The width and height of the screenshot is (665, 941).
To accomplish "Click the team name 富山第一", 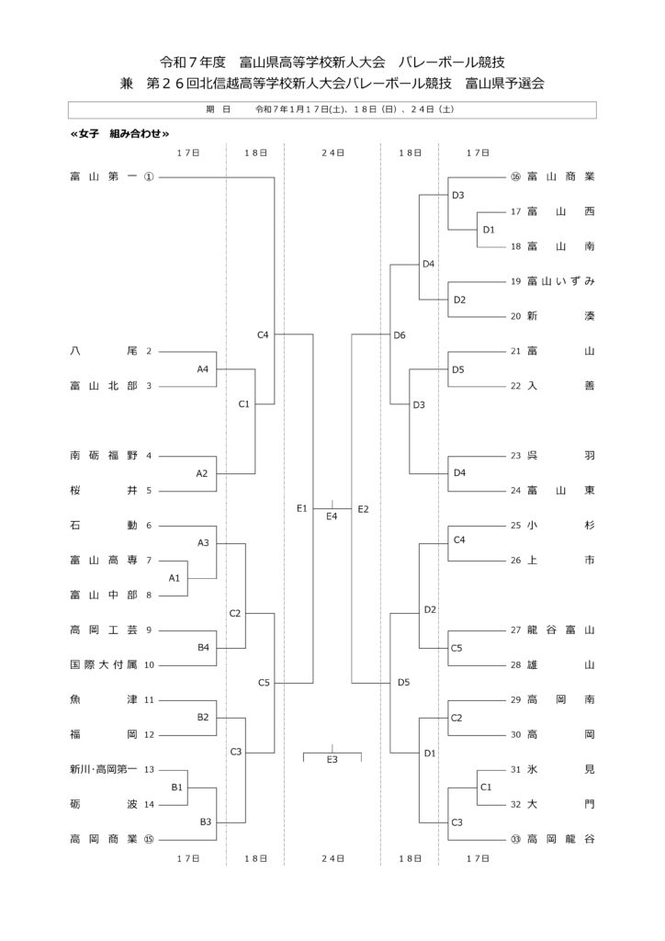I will pos(103,176).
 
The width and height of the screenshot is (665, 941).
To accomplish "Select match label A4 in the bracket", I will pos(203,368).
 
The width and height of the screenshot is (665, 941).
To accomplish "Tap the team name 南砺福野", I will pos(103,455).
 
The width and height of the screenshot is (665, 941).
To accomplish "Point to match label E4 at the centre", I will pos(332,516).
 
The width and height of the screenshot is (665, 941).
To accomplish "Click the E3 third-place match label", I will pos(332,759).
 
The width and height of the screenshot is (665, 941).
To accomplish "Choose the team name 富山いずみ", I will pos(561,281).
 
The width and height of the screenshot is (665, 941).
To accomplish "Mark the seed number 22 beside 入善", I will pos(515,386).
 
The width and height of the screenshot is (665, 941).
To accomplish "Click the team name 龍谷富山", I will pos(561,629).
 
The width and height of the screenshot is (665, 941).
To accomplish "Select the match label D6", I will pos(400,335).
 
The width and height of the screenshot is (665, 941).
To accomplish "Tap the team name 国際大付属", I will pos(103,664).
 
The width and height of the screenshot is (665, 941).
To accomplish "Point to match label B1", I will pos(177,787).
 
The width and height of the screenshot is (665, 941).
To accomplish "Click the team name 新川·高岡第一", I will pos(103,769).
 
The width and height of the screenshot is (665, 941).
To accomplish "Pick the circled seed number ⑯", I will pos(515,176).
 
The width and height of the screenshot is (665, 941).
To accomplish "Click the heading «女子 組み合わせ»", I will pos(119,133).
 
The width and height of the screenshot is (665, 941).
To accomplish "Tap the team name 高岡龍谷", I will pos(561,838).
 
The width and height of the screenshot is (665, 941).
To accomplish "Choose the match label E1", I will pos(301,508).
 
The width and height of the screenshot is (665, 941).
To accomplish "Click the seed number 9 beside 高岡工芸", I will pos(148,629).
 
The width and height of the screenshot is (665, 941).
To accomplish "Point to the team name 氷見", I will pos(561,769).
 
